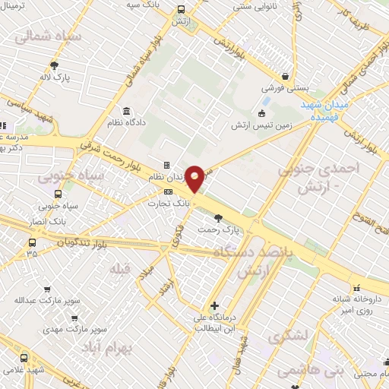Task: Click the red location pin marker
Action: (x=195, y=179)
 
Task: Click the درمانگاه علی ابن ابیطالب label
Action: (x=218, y=323)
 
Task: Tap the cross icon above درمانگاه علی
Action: (x=216, y=305)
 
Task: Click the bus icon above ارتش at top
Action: (x=181, y=10)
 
